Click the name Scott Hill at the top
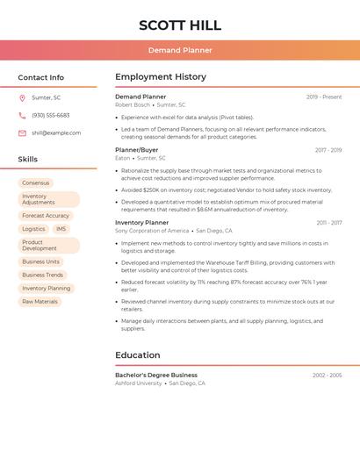(180, 25)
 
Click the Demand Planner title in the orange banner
(180, 51)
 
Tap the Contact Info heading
(40, 77)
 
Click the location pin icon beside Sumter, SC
(22, 98)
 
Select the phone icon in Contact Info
(22, 116)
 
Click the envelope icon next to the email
(22, 133)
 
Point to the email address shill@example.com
(56, 133)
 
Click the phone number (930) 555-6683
(51, 116)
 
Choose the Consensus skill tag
(36, 183)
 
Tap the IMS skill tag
(61, 229)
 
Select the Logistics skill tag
(33, 229)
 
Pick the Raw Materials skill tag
(40, 302)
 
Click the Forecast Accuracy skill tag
(46, 216)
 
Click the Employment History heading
(160, 77)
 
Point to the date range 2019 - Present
(324, 97)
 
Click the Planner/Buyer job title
(137, 150)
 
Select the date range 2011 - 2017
(329, 223)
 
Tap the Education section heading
(138, 355)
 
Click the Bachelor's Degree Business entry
(156, 375)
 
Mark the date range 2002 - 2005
(327, 376)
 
